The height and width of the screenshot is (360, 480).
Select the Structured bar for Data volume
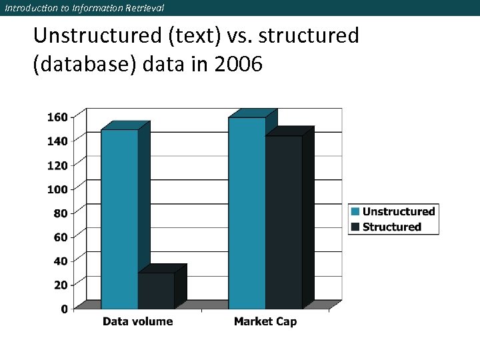point(156,291)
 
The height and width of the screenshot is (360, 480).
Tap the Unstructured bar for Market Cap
point(247,213)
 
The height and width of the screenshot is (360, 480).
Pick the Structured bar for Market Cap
point(284,222)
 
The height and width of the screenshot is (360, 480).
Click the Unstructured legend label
point(398,211)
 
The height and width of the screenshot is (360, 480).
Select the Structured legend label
point(391,227)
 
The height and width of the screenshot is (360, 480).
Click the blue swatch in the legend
point(355,211)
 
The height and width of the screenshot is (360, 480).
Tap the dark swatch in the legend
point(355,227)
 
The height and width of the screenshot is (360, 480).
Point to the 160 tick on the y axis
point(57,117)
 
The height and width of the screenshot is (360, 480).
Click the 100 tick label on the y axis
point(57,189)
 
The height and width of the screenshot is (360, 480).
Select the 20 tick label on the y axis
point(60,285)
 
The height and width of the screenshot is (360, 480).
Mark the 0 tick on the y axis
point(63,309)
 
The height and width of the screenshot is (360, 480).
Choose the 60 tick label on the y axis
point(60,237)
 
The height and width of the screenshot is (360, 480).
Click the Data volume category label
point(137,321)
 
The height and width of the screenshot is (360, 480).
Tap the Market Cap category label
point(265,321)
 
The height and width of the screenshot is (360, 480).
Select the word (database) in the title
point(83,65)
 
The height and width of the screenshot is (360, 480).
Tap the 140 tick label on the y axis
point(57,141)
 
